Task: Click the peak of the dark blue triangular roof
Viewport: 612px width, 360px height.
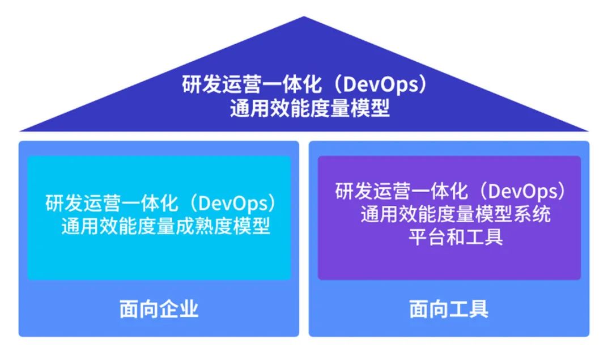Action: tap(304, 17)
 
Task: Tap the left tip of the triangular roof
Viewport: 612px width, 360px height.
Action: tap(19, 131)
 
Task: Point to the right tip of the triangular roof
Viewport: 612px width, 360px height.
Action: tap(589, 131)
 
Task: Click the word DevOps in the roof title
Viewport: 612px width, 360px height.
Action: tap(382, 84)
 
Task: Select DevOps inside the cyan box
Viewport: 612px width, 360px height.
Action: tap(234, 203)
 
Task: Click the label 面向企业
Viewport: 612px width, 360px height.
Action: tap(159, 309)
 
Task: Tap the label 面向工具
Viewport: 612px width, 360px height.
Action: tap(449, 309)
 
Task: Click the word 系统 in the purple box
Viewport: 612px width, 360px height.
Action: tap(532, 214)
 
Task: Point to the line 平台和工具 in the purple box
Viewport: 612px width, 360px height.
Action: tap(456, 237)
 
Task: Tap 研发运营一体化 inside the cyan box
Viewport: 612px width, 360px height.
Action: tap(112, 203)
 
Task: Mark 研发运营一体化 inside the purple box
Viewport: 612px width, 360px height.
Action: tap(401, 191)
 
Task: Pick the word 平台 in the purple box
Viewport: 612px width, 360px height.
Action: tap(427, 237)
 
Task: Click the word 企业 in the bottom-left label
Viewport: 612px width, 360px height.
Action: tap(178, 309)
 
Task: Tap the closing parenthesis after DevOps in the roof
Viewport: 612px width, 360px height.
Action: tap(423, 84)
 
